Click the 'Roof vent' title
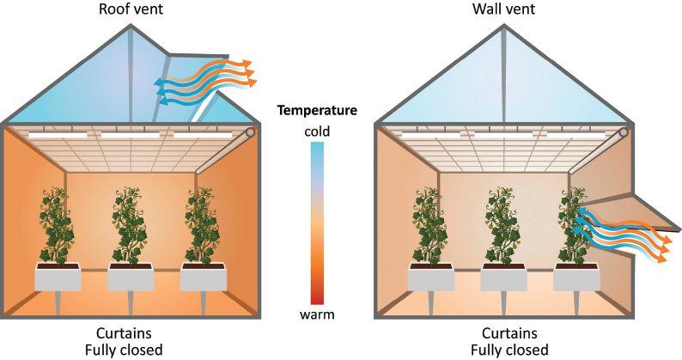pos(131,9)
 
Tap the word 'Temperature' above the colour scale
pos(317,110)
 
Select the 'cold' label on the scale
pos(317,131)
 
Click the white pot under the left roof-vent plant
pos(58,278)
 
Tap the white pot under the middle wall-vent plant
pos(503,278)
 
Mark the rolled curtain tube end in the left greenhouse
pos(251,134)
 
